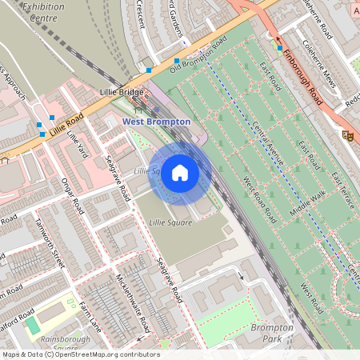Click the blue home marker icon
click(180, 173)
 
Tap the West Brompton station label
click(157, 122)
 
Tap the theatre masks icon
click(348, 135)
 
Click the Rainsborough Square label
click(60, 343)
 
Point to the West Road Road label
click(260, 199)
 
